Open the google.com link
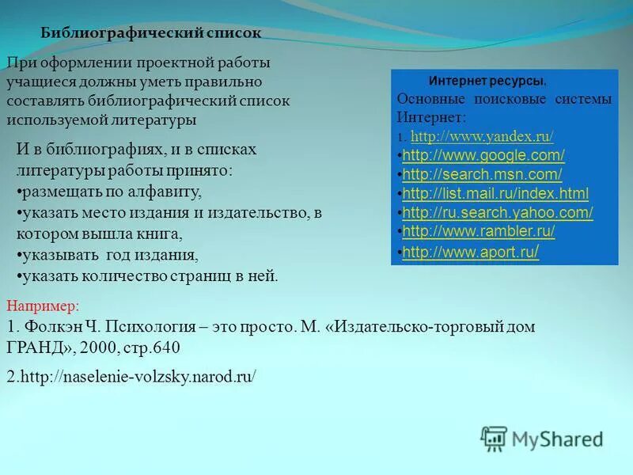[x=483, y=154]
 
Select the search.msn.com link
[x=482, y=173]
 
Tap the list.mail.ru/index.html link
[x=495, y=193]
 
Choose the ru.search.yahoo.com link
[x=498, y=212]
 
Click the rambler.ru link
[x=479, y=231]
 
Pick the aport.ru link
[x=472, y=252]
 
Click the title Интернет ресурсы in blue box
[x=487, y=82]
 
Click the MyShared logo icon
[x=495, y=439]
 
